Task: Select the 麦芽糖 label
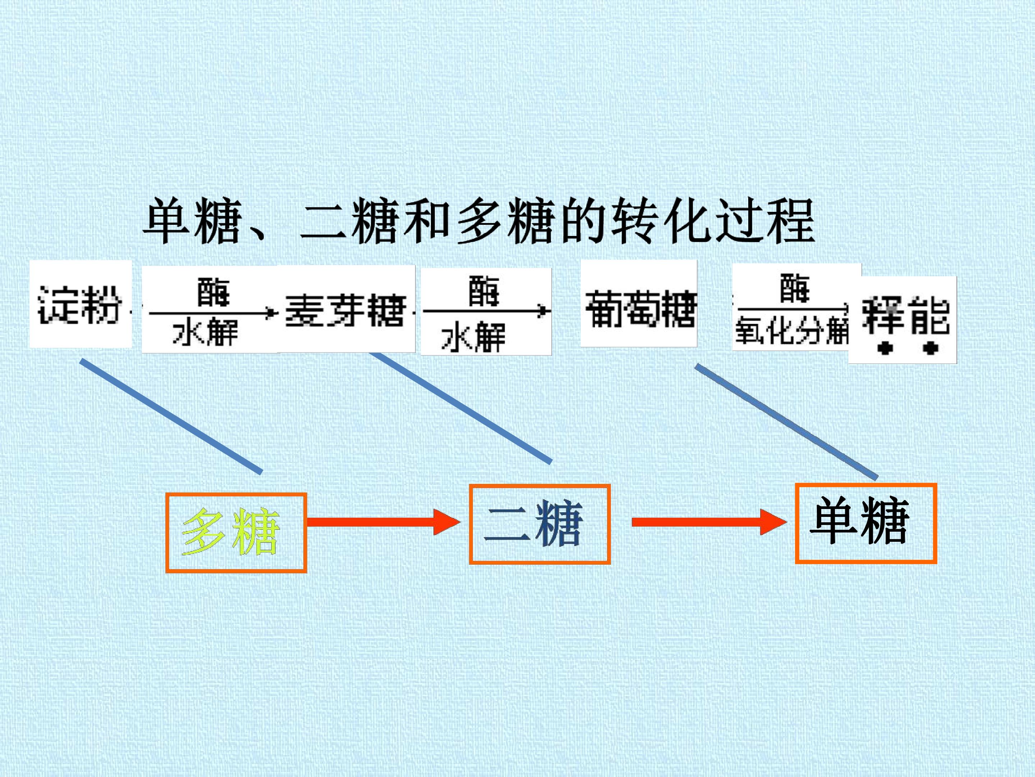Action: point(345,310)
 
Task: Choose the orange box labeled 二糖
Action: point(539,524)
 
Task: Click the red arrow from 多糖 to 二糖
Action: point(384,522)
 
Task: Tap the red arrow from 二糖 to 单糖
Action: point(709,522)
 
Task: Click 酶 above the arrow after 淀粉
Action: point(213,292)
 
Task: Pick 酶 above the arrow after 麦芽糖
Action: point(484,291)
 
